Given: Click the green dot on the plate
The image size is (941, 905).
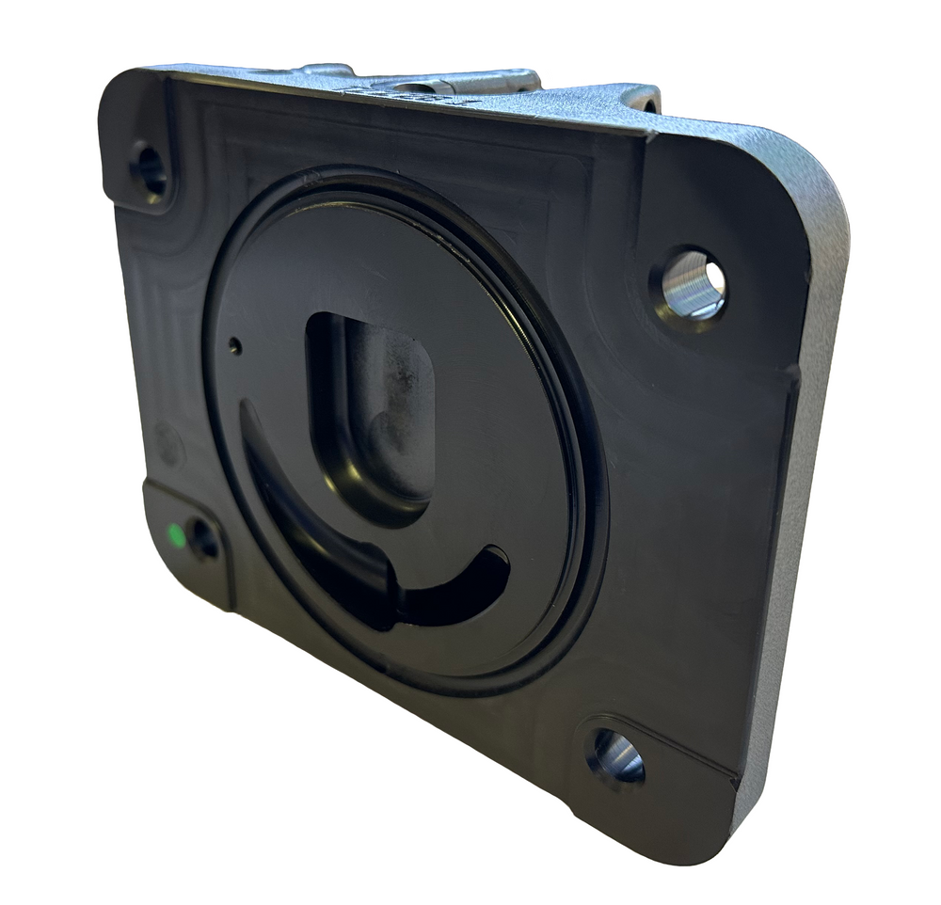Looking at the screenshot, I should coord(174,535).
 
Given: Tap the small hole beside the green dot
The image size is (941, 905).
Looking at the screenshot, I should coord(203,538).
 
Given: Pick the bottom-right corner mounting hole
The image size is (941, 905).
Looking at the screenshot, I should coord(616,756).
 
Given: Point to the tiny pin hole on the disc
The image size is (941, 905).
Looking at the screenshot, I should coord(234,347).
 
